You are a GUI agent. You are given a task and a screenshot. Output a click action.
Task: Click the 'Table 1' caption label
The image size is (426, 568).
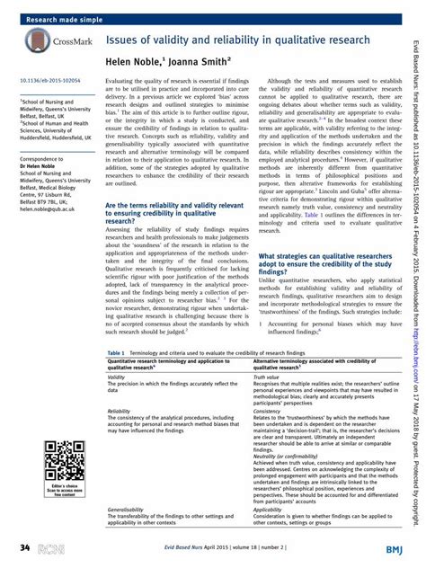115,354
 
